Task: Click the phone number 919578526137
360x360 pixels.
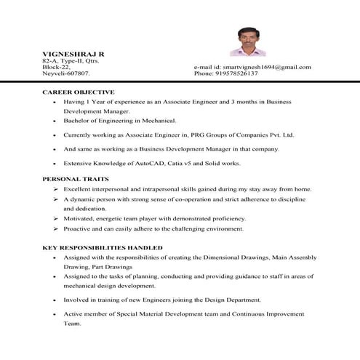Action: (x=247, y=73)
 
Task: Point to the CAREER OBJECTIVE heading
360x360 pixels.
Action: (x=79, y=92)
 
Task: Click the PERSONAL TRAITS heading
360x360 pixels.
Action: (x=76, y=178)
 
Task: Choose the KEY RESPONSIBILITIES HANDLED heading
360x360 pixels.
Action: (x=102, y=247)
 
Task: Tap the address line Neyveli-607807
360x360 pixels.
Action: (x=66, y=73)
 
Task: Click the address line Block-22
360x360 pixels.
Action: (x=55, y=67)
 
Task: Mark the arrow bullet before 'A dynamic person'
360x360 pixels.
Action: (x=56, y=199)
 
